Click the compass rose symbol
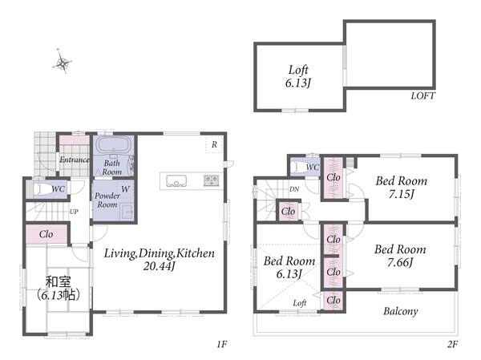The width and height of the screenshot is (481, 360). (63, 63)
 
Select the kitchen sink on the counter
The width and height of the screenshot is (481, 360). (176, 180)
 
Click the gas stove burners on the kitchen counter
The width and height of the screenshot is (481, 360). (212, 180)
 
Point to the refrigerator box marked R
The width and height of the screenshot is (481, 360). (214, 144)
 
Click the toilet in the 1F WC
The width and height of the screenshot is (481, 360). (42, 189)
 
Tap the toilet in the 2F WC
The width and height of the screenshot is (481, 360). (298, 168)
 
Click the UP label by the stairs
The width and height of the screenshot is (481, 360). (74, 212)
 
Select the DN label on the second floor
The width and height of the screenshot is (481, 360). (294, 189)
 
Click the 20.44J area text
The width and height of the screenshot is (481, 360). (159, 266)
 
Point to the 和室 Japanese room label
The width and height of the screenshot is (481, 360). (58, 281)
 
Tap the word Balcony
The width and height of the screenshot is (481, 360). (401, 312)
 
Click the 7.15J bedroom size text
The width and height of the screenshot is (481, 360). (402, 194)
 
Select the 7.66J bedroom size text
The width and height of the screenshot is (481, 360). (400, 262)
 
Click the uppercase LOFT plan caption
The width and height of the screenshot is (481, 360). (422, 95)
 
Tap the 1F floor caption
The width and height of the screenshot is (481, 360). (221, 344)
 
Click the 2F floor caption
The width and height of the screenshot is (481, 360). (452, 344)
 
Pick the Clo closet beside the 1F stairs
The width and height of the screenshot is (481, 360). (46, 234)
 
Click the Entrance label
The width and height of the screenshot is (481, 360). (75, 160)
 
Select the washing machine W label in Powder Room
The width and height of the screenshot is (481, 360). (125, 189)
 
